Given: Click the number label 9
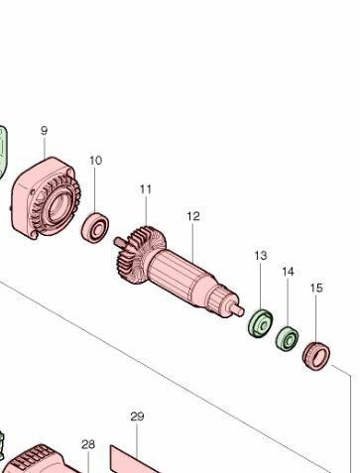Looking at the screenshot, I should [x=44, y=131].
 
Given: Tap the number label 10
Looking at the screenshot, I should [x=95, y=160].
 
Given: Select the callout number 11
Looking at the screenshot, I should [x=146, y=188].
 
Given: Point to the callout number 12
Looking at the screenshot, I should [x=193, y=216].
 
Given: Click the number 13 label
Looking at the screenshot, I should [x=260, y=256].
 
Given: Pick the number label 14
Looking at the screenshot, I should [x=288, y=272].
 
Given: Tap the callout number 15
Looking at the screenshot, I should [x=316, y=289].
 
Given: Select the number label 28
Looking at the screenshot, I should [x=88, y=444].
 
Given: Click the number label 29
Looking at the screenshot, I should [x=137, y=416].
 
